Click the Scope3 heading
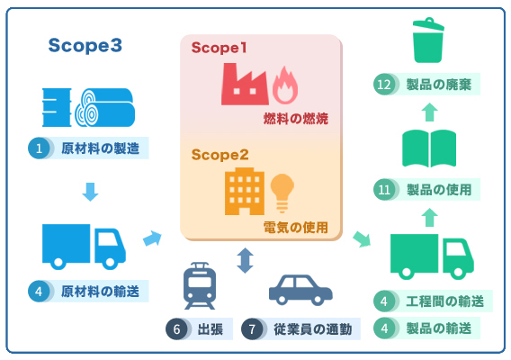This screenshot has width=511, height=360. point(85,45)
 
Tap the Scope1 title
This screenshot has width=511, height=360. point(219,48)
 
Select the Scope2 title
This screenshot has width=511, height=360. point(220,155)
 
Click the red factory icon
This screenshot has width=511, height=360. point(245,84)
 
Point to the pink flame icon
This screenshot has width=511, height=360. point(285,85)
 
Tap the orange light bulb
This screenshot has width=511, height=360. point(282,193)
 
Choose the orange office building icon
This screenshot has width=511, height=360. point(245,192)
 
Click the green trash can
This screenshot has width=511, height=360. point(428,40)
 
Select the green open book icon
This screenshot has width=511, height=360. point(429,148)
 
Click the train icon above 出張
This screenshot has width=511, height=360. point(200,285)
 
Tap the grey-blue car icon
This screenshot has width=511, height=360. point(300,290)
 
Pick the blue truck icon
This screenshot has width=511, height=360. point(84,247)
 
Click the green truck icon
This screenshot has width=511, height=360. point(432,256)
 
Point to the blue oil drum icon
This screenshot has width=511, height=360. point(57,107)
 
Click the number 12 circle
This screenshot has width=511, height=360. point(384,85)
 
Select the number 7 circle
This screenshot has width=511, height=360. point(252,329)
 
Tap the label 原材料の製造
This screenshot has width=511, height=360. point(100,148)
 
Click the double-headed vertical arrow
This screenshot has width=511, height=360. point(245,260)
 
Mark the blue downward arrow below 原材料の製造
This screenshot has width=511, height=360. point(90,192)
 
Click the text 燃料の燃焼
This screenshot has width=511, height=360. point(296,119)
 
